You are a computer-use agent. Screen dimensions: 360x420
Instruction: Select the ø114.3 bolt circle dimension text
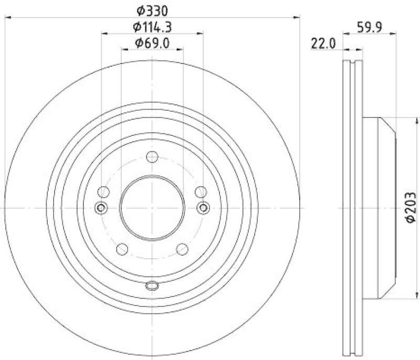pos(152,26)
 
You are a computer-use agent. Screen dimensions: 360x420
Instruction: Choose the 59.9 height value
pos(370,26)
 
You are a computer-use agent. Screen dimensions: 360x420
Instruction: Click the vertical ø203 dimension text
pos(411,208)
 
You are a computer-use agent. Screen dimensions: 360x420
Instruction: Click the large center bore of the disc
pos(152,208)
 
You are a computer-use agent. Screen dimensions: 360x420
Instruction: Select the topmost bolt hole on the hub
pos(152,157)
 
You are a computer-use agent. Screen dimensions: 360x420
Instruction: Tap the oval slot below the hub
pos(152,286)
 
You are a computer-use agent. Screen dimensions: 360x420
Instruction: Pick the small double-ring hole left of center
pos(101,208)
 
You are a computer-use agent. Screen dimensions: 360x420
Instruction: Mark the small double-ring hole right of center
pos(203,208)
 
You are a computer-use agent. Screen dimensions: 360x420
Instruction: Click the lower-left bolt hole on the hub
pos(122,249)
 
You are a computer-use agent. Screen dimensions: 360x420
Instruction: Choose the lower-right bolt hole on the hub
pos(183,249)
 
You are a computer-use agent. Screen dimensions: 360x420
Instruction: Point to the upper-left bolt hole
pos(104,192)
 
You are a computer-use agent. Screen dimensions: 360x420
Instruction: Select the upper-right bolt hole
pos(201,192)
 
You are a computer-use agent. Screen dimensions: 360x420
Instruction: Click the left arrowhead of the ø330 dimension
pos(7,18)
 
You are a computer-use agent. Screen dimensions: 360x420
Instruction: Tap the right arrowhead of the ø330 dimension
pos(297,18)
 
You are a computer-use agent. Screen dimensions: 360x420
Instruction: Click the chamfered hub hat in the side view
pos(378,208)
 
